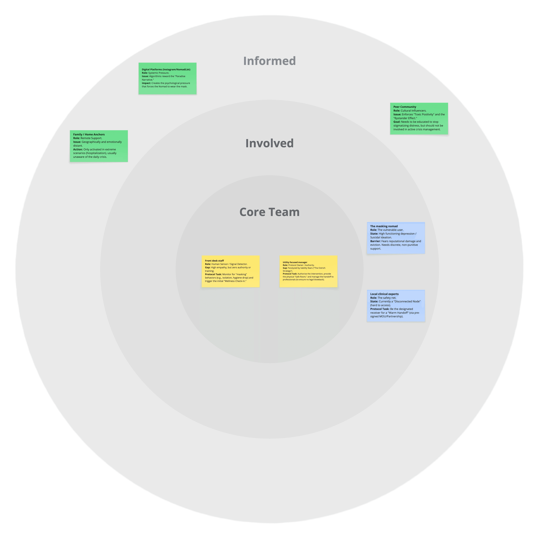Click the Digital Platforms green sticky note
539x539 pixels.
coord(167,78)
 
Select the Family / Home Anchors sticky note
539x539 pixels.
coord(99,146)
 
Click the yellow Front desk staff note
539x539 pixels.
coord(230,271)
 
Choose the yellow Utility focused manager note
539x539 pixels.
coord(308,271)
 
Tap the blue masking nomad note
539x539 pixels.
coord(396,238)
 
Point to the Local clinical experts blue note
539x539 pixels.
coord(396,306)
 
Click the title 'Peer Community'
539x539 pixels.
coord(405,107)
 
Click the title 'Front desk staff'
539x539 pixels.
coord(214,261)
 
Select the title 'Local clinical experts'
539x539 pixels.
coord(384,294)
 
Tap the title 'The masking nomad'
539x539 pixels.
coord(384,226)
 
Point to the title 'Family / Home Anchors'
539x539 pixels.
coord(89,134)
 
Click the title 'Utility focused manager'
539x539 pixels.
coord(295,262)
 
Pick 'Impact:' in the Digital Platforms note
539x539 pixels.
coord(146,83)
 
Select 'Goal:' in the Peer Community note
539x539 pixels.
coord(397,122)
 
